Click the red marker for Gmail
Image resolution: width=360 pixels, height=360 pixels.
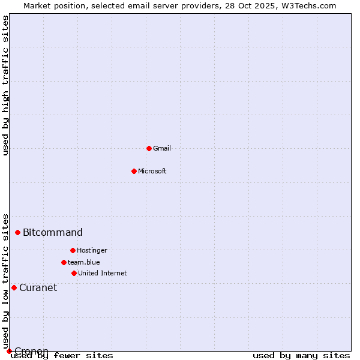[149, 148]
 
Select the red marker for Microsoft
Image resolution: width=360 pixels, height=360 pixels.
[134, 171]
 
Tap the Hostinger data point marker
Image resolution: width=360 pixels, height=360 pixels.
[73, 250]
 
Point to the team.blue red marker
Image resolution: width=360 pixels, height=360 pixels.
[64, 262]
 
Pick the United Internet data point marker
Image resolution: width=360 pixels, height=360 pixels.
[74, 273]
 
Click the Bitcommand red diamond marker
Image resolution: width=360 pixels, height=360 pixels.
[17, 232]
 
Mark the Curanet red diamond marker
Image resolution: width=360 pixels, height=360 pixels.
[14, 287]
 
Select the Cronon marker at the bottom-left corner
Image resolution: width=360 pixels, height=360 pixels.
[9, 351]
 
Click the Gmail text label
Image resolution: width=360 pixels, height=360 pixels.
[162, 148]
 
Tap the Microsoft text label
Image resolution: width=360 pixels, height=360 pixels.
[152, 171]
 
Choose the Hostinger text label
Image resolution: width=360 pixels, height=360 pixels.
[92, 250]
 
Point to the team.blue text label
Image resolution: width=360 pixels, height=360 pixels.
[84, 262]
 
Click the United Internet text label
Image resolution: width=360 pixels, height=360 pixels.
[103, 273]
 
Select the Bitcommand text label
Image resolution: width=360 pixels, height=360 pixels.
[53, 232]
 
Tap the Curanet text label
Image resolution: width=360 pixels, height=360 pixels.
[38, 287]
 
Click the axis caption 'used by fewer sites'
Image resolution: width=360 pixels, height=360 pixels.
[62, 355]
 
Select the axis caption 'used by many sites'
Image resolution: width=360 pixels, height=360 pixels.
[301, 355]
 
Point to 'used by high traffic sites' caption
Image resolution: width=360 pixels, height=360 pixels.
[6, 85]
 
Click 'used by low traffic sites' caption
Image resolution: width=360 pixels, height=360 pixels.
[6, 281]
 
